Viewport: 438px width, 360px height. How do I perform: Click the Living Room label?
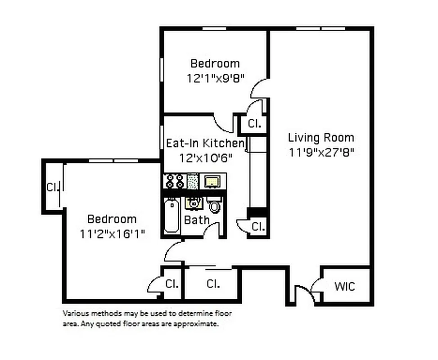pyautogui.click(x=321, y=138)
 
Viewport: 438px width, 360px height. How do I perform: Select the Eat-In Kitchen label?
pyautogui.click(x=205, y=144)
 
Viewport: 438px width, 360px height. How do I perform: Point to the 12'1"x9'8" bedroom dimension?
pyautogui.click(x=215, y=78)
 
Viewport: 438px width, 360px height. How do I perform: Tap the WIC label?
pyautogui.click(x=345, y=286)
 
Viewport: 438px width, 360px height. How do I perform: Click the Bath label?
pyautogui.click(x=197, y=220)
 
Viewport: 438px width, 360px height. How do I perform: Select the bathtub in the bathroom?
pyautogui.click(x=172, y=216)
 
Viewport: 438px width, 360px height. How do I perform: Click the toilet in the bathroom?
pyautogui.click(x=215, y=205)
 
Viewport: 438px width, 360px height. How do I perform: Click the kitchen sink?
pyautogui.click(x=210, y=181)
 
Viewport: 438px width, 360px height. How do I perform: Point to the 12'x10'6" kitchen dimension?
pyautogui.click(x=205, y=158)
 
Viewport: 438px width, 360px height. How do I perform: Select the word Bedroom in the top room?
pyautogui.click(x=215, y=63)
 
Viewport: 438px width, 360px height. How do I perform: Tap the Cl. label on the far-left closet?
pyautogui.click(x=53, y=187)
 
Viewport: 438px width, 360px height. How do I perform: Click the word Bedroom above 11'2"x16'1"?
pyautogui.click(x=112, y=219)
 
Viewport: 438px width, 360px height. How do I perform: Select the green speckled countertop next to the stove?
pyautogui.click(x=193, y=181)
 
